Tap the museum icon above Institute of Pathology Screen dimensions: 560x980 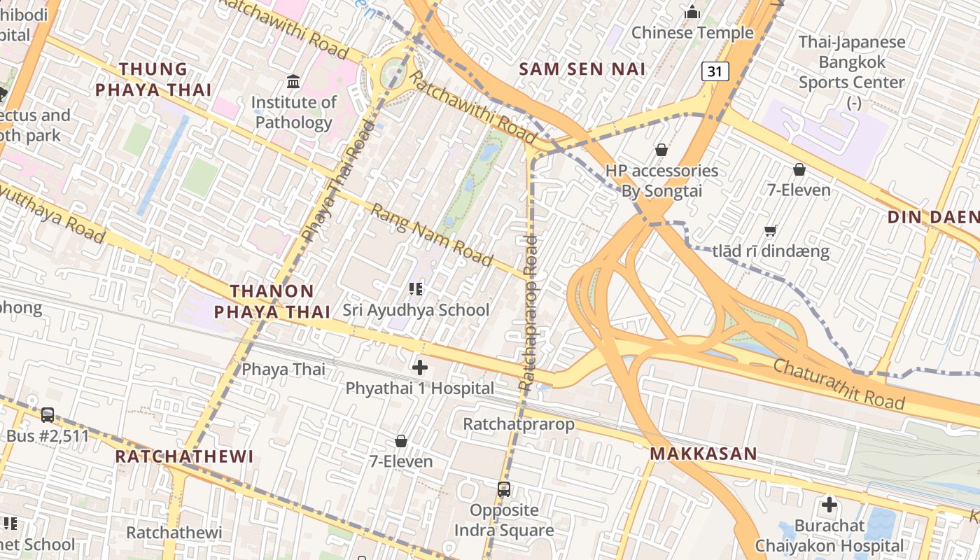coord(293,82)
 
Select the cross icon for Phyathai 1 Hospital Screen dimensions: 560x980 coord(420,367)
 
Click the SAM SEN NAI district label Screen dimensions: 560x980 coord(582,69)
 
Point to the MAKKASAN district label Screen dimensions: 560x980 coord(703,454)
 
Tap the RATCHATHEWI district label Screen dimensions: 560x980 coord(184,456)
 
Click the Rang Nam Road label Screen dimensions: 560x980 coord(432,235)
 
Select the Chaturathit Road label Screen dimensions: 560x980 coord(839,384)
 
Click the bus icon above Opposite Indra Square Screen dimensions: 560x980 coord(504,489)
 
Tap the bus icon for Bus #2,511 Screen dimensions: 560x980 coord(48,415)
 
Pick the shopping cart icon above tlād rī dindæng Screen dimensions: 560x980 coord(771,230)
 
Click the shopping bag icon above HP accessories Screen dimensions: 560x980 coord(661,150)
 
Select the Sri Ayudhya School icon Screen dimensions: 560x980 coord(416,288)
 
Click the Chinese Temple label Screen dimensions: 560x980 coord(692,32)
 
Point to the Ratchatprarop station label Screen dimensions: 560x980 coord(519,424)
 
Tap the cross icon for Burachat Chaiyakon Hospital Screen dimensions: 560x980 coord(829,505)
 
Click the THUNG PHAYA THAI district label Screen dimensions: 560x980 coord(153,79)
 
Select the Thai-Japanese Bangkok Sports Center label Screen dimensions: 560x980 coord(852,62)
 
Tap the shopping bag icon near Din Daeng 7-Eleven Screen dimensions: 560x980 coord(799,169)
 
